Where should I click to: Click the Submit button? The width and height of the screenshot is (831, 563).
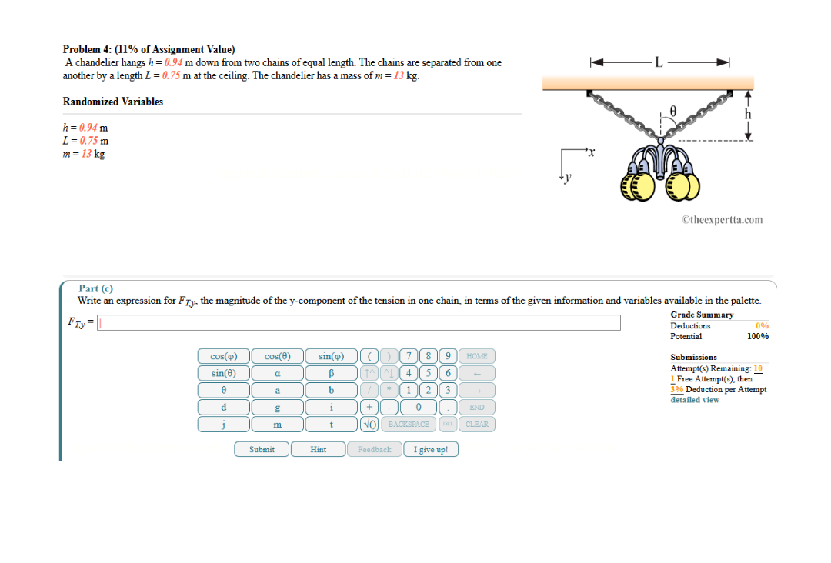(262, 449)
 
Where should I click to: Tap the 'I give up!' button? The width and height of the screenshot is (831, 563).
(430, 449)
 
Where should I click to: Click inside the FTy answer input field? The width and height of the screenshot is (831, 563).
(358, 322)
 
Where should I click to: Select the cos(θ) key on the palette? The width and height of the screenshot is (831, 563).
(277, 356)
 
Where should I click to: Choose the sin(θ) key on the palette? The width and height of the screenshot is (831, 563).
(223, 373)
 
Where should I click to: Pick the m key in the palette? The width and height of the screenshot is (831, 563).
(277, 424)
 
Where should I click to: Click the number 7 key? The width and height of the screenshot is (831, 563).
(412, 356)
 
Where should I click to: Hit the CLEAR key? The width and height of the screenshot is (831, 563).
(477, 424)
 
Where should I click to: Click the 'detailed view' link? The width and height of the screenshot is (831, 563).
(694, 400)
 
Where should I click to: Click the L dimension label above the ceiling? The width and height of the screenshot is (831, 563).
(658, 62)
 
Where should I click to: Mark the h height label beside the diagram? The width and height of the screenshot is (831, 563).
(747, 115)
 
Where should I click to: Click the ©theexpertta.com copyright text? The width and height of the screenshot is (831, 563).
(722, 219)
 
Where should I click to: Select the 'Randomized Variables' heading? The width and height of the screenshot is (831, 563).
(112, 102)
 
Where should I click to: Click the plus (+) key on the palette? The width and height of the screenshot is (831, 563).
(369, 407)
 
